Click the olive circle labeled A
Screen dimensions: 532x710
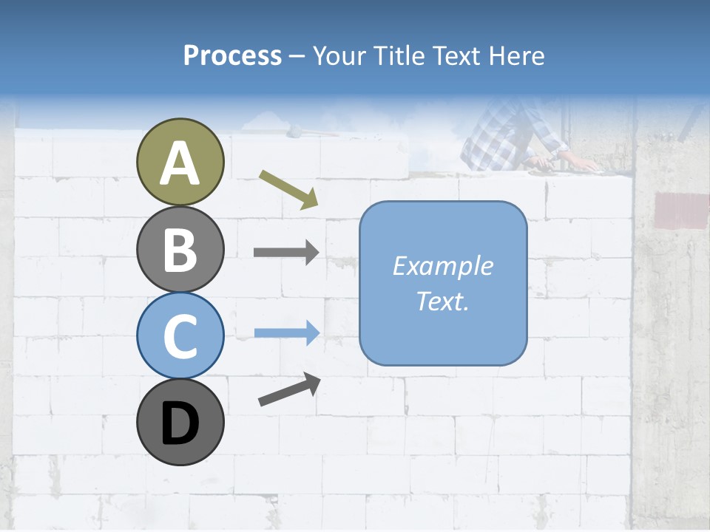(x=180, y=162)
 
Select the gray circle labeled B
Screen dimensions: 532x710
(x=180, y=249)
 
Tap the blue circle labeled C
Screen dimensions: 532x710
(x=180, y=335)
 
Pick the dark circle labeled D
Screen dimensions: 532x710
(x=180, y=422)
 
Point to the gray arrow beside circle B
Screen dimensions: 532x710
(x=286, y=253)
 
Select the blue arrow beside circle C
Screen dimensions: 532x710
(x=287, y=332)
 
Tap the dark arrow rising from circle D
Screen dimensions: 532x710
(x=289, y=390)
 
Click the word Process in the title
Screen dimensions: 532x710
(x=232, y=55)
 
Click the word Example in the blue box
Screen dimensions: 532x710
(x=443, y=266)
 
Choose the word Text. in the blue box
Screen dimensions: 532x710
(x=443, y=301)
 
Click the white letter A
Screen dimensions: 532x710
(x=180, y=163)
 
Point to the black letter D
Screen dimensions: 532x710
(x=180, y=423)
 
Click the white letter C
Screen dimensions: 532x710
(x=180, y=336)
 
